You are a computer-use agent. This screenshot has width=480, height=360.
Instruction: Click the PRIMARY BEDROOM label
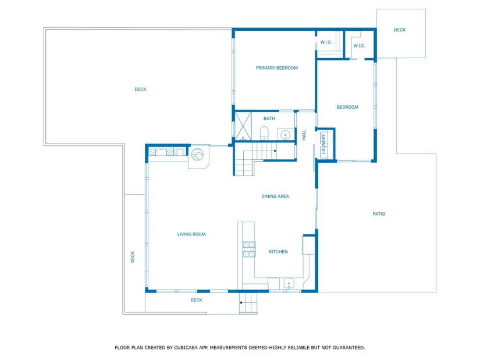(x=276, y=68)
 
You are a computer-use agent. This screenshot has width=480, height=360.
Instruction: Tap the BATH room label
(x=269, y=119)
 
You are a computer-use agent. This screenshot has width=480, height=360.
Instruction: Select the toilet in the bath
(x=264, y=133)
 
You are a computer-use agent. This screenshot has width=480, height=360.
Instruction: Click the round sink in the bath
(x=285, y=135)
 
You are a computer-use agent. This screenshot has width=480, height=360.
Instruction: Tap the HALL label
(x=304, y=135)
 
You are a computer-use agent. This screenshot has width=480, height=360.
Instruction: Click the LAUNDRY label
(x=323, y=144)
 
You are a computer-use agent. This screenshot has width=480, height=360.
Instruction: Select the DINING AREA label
(x=275, y=197)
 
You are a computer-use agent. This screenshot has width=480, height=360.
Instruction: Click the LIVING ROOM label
(x=191, y=234)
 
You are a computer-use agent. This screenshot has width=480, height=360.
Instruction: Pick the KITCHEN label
(x=278, y=252)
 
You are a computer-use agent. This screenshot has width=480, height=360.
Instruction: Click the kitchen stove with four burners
(x=248, y=249)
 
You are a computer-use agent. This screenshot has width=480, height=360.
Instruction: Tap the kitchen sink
(x=289, y=285)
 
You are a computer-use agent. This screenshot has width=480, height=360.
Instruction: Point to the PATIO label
(x=379, y=214)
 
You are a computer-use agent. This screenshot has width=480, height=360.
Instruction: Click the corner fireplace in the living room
(x=197, y=156)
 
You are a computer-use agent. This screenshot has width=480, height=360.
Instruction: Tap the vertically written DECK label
(x=132, y=256)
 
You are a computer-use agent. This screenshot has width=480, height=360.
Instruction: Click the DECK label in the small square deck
(x=400, y=30)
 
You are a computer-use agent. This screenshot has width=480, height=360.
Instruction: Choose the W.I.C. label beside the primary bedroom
(x=326, y=42)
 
